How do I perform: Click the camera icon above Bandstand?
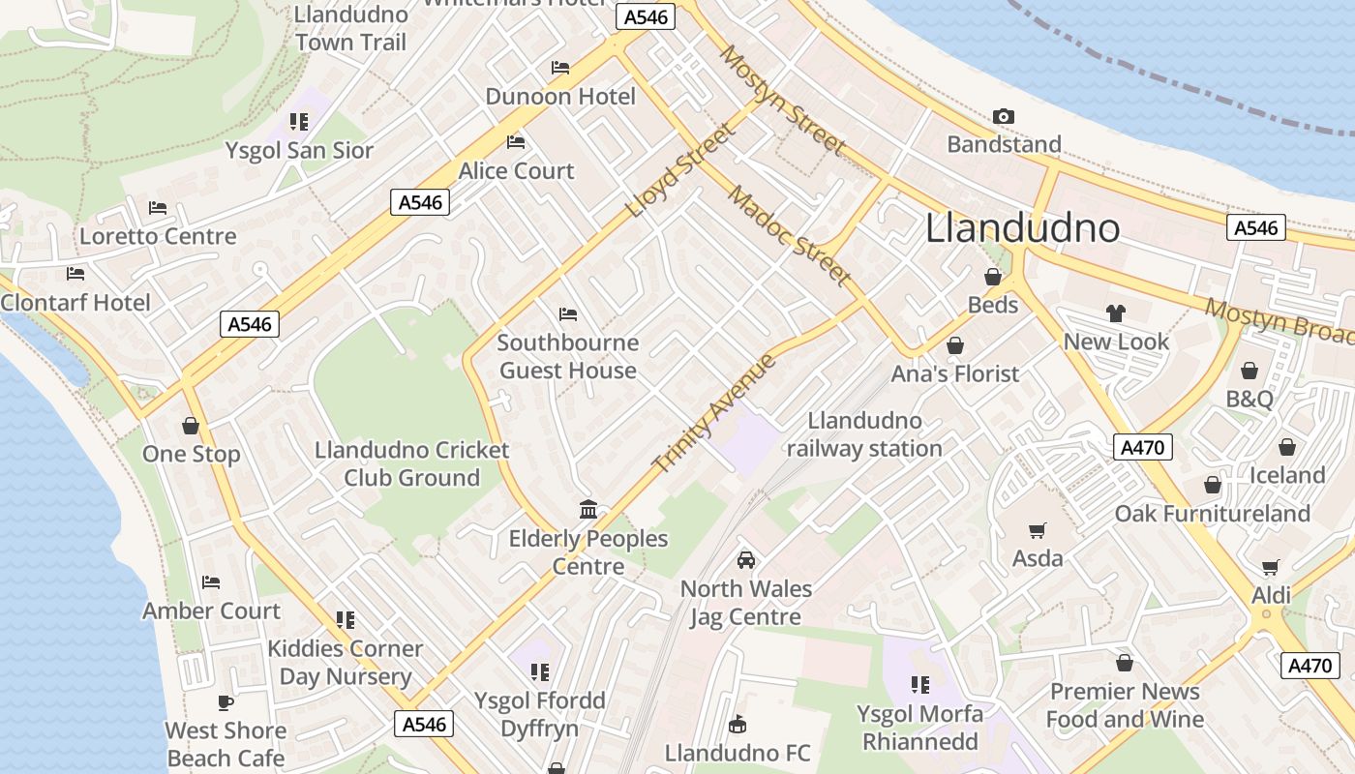1004,117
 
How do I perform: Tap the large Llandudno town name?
1022,228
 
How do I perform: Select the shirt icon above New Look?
1116,313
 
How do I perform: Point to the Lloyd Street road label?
680,170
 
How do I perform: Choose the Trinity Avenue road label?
714,414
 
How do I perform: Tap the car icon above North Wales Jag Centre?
745,560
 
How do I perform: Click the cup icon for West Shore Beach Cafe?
226,702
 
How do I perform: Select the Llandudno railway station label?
864,434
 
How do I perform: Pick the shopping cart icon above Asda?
1038,530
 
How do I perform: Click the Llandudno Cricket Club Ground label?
412,464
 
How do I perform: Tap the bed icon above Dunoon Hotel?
560,68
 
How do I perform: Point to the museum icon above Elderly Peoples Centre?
588,509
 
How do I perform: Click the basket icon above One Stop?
191,426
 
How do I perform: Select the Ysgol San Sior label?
299,151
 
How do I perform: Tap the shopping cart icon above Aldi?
1271,567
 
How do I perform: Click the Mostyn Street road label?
783,100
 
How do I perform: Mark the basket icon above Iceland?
1286,447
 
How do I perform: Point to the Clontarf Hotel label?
75,303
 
